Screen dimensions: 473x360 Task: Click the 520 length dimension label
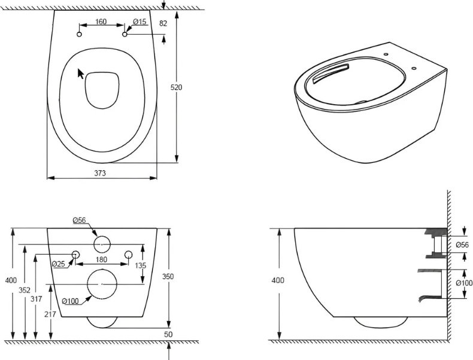click(x=177, y=87)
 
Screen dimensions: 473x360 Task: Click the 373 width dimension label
click(x=100, y=173)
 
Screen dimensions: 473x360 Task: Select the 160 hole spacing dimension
click(x=101, y=22)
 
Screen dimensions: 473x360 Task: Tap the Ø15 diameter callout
click(x=140, y=22)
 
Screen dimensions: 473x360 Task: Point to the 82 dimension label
click(x=163, y=23)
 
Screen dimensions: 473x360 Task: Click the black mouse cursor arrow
click(x=81, y=74)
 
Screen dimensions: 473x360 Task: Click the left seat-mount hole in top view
click(x=80, y=34)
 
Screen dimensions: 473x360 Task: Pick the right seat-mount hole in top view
click(x=125, y=34)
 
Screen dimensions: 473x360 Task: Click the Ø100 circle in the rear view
click(x=102, y=284)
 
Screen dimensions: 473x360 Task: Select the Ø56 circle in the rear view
click(x=102, y=244)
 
